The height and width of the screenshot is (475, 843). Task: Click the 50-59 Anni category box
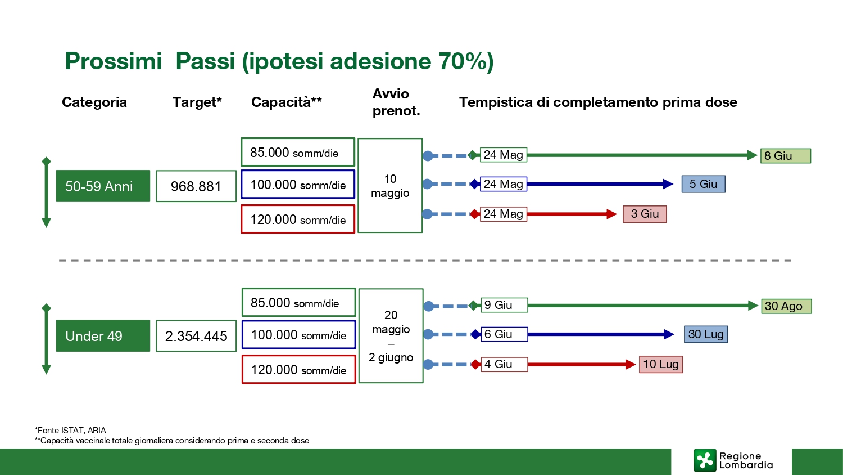tap(103, 186)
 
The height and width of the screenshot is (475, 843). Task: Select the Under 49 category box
tap(103, 336)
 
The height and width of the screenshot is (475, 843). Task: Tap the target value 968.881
tap(196, 186)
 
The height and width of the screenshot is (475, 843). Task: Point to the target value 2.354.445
tap(196, 336)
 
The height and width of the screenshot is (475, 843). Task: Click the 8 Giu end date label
tap(786, 156)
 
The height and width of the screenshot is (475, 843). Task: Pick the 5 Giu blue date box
tap(704, 184)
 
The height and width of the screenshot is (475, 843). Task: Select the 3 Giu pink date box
tap(645, 214)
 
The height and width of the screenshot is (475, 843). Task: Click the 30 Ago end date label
tap(787, 306)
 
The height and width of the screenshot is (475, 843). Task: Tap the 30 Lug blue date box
tap(706, 334)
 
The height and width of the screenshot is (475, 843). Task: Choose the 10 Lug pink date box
tap(661, 364)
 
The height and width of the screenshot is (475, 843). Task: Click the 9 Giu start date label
tap(504, 305)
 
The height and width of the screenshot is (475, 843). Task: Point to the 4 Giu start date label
tap(504, 364)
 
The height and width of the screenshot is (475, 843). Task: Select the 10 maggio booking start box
tap(390, 186)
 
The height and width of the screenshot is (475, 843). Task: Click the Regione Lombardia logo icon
tap(705, 460)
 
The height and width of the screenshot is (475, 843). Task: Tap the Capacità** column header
tap(287, 102)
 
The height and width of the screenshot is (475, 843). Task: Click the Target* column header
tap(197, 102)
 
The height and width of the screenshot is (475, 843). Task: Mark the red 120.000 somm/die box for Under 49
tap(299, 369)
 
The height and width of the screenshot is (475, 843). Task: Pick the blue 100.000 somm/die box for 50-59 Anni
tap(298, 185)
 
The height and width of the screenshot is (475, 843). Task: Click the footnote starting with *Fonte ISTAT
tap(70, 431)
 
